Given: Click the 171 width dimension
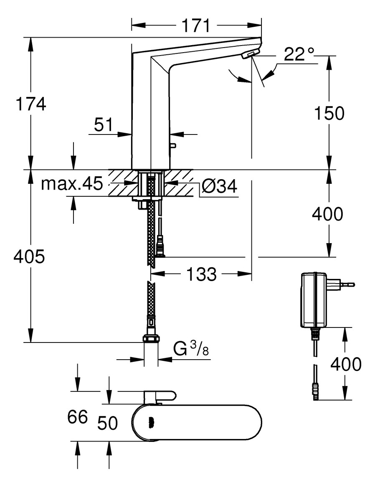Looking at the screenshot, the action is click(x=195, y=26).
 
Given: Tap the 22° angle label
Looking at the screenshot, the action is click(x=299, y=54).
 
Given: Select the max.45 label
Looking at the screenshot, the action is click(x=71, y=184).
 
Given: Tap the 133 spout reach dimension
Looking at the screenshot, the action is click(x=201, y=274).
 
